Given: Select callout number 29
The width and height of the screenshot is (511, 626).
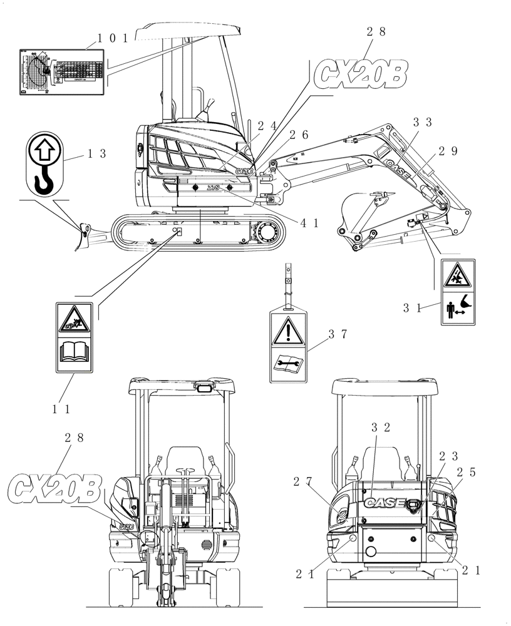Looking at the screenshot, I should tap(448, 151).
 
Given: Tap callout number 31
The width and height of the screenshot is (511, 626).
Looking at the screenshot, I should tap(411, 307).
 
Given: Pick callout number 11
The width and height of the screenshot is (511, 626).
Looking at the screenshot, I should tap(61, 409).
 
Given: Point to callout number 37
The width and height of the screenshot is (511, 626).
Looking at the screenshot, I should tap(337, 335).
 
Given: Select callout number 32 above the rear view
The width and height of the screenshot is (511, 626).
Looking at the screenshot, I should tap(381, 428).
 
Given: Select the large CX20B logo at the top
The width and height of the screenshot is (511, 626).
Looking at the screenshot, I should tap(361, 74).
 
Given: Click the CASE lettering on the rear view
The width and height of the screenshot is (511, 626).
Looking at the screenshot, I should tap(384, 502).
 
